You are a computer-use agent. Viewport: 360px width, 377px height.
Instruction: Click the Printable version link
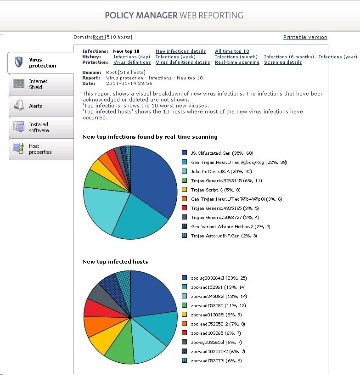305,37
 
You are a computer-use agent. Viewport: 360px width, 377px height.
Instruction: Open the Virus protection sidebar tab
42,63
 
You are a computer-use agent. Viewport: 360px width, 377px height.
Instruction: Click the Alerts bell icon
19,106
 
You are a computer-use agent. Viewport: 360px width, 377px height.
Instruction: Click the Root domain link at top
98,37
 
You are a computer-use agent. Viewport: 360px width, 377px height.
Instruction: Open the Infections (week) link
176,57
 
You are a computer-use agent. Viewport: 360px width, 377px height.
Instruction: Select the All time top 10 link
232,51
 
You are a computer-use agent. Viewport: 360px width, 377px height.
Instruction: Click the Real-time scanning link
237,62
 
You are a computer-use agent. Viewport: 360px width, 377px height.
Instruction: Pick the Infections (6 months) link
289,57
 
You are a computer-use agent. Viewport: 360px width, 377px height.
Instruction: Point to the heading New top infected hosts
115,262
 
